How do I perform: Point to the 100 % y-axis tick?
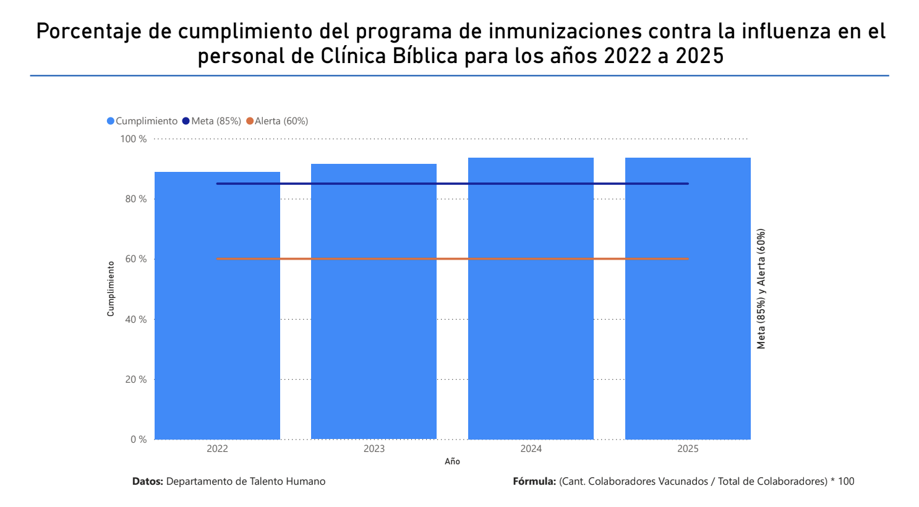pyautogui.click(x=134, y=139)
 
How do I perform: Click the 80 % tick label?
pyautogui.click(x=136, y=199)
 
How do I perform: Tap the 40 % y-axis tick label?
pyautogui.click(x=136, y=320)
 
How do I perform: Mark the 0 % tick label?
pyautogui.click(x=139, y=440)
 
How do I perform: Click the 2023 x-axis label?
pyautogui.click(x=374, y=449)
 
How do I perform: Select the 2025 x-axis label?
pyautogui.click(x=688, y=449)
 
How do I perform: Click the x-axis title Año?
pyautogui.click(x=452, y=462)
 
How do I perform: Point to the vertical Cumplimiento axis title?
pyautogui.click(x=111, y=289)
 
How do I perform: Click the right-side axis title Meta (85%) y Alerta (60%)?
pyautogui.click(x=761, y=289)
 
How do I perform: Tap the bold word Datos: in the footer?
pyautogui.click(x=148, y=482)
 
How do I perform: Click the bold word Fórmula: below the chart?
pyautogui.click(x=534, y=482)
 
